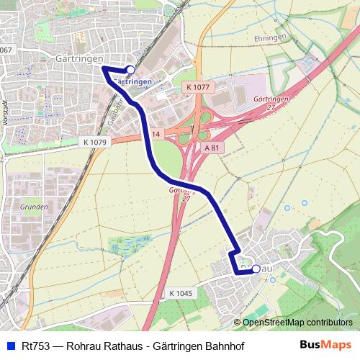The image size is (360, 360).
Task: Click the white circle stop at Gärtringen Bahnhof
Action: [x=130, y=69]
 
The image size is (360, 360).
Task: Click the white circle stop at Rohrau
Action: [x=256, y=269]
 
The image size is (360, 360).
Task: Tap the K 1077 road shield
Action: [x=197, y=87]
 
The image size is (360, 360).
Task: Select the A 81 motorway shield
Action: [x=210, y=148]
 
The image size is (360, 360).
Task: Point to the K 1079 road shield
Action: [x=94, y=142]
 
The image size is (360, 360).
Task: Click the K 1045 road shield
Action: [x=182, y=293]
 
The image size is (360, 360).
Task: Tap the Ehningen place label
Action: [x=270, y=37]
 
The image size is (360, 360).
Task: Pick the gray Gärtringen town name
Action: [x=79, y=58]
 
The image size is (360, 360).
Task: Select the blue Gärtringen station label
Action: [x=133, y=82]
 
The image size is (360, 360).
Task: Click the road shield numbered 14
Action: [x=156, y=132]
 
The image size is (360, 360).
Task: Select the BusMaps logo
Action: [x=325, y=346]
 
